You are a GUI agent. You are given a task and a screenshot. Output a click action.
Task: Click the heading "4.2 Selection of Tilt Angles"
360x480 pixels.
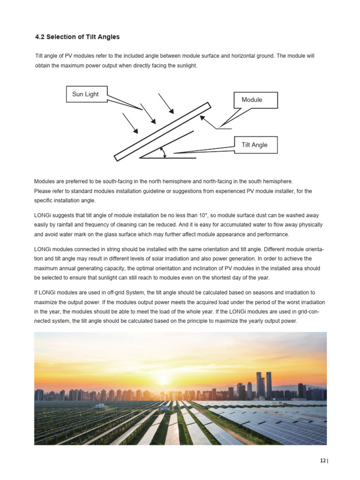coord(77,37)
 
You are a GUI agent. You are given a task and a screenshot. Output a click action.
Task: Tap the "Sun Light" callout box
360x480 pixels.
coord(85,94)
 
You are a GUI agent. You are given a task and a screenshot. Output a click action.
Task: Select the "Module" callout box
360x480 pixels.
coord(252,100)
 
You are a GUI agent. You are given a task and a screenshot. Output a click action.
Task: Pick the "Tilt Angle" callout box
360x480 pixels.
coord(255,145)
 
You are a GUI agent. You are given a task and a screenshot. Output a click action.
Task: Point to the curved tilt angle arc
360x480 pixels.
coord(163,152)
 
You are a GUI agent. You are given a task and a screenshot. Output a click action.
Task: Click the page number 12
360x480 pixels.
coord(323,461)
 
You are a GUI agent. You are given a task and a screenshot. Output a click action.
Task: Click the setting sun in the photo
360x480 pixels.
coord(162,378)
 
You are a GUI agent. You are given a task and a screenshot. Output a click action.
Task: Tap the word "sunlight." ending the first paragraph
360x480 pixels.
coord(186,66)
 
